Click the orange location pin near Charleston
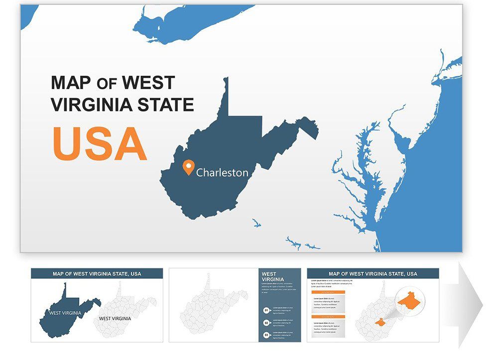click(x=188, y=167)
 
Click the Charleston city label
click(x=222, y=173)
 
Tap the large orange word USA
click(x=100, y=144)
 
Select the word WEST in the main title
click(x=148, y=83)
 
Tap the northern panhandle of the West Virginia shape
click(x=226, y=97)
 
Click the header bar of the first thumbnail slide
click(x=97, y=273)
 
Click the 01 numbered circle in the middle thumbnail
click(x=266, y=310)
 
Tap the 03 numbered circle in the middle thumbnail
click(x=266, y=335)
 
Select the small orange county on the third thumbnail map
click(x=380, y=322)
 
